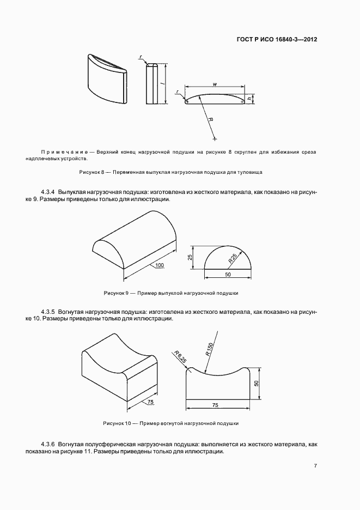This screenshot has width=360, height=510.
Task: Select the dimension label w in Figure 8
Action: [216, 83]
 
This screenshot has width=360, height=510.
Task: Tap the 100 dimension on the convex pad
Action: [159, 265]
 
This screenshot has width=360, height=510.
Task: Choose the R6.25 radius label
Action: [180, 357]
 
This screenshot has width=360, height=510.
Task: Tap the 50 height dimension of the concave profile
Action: [256, 384]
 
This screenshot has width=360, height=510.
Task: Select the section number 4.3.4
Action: [49, 192]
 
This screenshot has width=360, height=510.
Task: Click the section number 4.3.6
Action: [49, 445]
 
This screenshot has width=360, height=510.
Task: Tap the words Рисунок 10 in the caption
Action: [118, 423]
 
